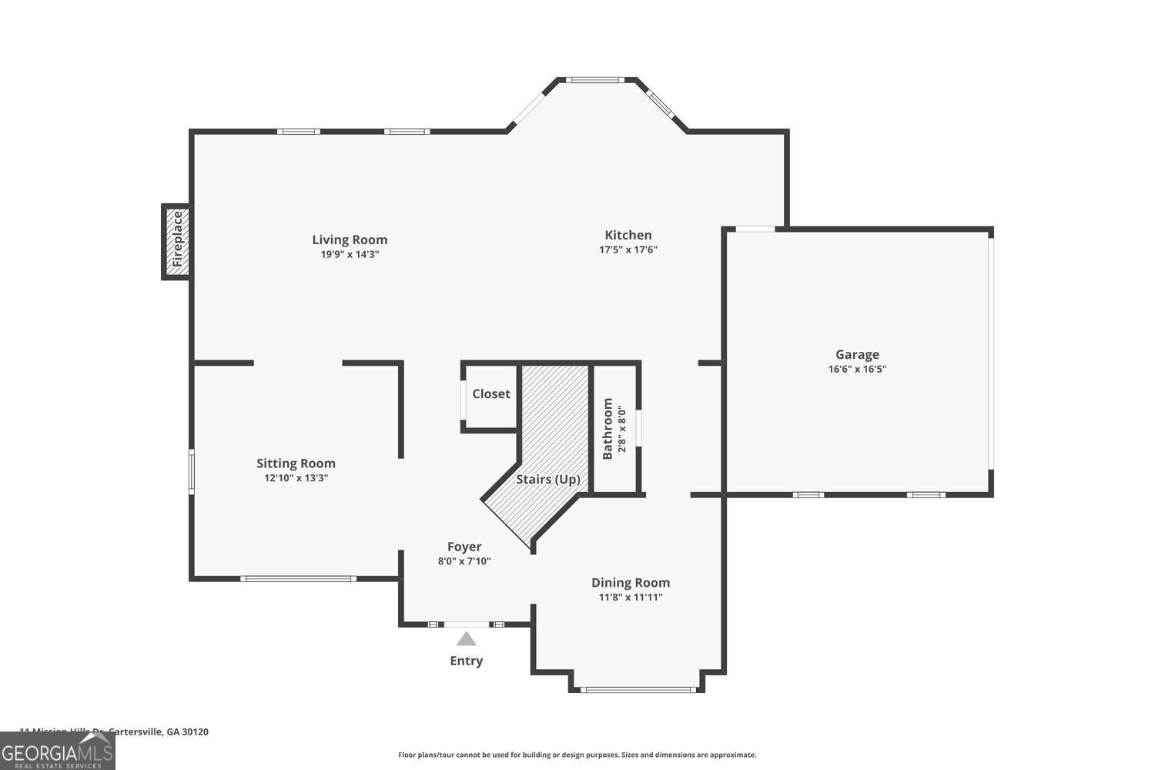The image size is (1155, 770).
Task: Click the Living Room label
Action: coord(350,239)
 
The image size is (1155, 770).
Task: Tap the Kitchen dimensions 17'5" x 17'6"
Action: coord(628,249)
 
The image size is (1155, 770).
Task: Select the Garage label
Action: coord(857,354)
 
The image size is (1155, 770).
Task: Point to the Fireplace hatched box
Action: coord(176,240)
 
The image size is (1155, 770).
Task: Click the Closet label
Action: coord(490,393)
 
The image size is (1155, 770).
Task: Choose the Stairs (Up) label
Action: coord(547,479)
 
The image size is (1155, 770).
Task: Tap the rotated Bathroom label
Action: coord(608,428)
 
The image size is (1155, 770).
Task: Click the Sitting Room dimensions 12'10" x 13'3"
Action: coord(296,477)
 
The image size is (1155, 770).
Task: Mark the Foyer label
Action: coord(464,547)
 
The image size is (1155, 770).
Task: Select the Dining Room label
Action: coord(630,582)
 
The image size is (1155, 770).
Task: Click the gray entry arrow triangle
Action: coord(466,638)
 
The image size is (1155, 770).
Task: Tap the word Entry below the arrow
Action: coord(466,661)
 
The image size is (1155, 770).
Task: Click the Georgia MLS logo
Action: coord(57,751)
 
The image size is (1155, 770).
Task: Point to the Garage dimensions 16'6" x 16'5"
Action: coord(857,369)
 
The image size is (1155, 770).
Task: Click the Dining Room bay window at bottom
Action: coord(638,689)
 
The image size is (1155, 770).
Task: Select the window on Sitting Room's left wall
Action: coord(192,470)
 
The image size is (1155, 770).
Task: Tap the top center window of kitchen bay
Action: coord(594,79)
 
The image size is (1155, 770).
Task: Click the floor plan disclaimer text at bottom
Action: coord(577,755)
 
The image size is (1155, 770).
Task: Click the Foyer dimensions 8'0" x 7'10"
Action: coord(464,561)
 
